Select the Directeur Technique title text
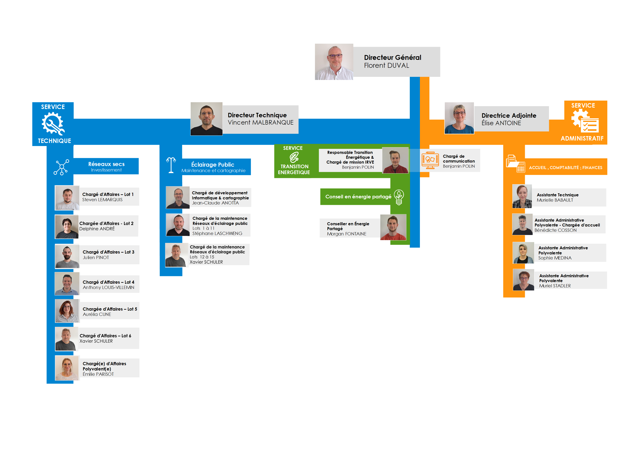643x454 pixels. pyautogui.click(x=257, y=115)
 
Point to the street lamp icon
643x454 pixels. pyautogui.click(x=171, y=165)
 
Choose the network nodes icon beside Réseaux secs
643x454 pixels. pyautogui.click(x=61, y=167)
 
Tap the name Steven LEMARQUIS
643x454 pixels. pyautogui.click(x=102, y=200)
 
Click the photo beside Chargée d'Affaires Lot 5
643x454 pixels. pyautogui.click(x=67, y=311)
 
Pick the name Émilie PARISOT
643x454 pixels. pyautogui.click(x=98, y=374)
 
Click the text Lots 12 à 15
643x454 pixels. pyautogui.click(x=202, y=257)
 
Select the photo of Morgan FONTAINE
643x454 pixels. pyautogui.click(x=393, y=227)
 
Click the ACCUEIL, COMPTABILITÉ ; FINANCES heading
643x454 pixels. pyautogui.click(x=565, y=167)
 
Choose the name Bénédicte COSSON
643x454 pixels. pyautogui.click(x=555, y=230)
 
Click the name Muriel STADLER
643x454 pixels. pyautogui.click(x=555, y=286)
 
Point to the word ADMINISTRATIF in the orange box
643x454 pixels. pyautogui.click(x=582, y=138)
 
